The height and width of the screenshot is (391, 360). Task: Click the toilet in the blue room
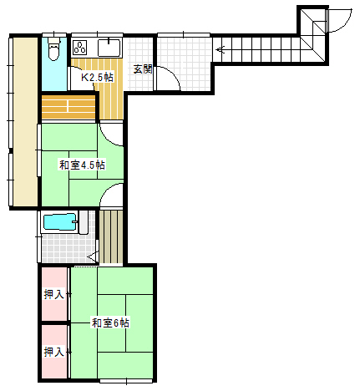click(x=53, y=48)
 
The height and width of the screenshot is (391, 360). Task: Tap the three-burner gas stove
click(x=80, y=48)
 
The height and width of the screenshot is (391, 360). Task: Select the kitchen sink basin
click(x=109, y=48)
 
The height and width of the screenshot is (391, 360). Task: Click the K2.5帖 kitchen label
click(x=97, y=77)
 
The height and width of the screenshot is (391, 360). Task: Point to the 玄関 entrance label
click(x=143, y=69)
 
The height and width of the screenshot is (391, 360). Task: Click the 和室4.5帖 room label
click(x=83, y=165)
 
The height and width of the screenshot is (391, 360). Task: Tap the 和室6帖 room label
click(x=110, y=323)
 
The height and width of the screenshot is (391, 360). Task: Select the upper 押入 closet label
click(x=54, y=294)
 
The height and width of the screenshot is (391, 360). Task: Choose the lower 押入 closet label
click(x=54, y=352)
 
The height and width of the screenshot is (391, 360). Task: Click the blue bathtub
click(x=59, y=222)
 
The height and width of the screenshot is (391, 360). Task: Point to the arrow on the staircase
click(x=221, y=50)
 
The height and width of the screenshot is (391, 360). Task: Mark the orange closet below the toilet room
click(x=68, y=106)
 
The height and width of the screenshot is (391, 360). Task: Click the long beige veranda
click(x=25, y=122)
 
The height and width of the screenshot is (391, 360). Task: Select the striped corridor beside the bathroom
click(x=111, y=236)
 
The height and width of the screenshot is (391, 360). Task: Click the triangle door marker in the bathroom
click(x=94, y=256)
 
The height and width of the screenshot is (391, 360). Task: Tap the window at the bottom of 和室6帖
click(x=126, y=381)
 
